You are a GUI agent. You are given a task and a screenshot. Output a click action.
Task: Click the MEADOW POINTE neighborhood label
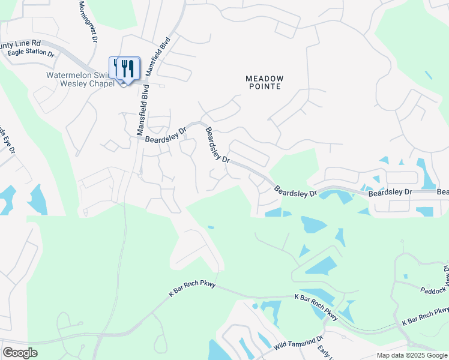[264, 83]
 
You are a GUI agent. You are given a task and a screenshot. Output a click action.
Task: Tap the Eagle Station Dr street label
[31, 53]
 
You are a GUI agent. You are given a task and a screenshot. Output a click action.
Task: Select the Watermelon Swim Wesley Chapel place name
[80, 79]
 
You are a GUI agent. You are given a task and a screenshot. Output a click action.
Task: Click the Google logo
[20, 353]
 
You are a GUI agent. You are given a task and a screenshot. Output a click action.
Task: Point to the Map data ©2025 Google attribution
[411, 355]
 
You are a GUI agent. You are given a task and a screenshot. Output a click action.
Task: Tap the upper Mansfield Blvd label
[158, 55]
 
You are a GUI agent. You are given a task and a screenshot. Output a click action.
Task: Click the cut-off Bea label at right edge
[442, 192]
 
